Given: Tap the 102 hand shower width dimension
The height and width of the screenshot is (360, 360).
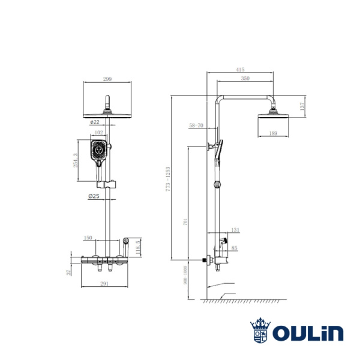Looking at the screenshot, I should coord(99,133).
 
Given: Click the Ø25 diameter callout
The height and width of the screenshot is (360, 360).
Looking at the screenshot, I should coord(94,196).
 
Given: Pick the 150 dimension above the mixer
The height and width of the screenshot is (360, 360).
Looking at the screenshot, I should coord(88,238).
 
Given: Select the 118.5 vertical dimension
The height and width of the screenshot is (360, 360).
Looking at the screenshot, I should coord(138,247).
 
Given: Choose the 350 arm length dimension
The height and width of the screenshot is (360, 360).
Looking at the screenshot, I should coord(245,79).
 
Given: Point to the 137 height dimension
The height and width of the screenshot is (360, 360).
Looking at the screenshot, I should coord(303,106).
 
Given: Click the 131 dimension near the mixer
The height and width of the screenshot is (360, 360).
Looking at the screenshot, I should coord(235,230).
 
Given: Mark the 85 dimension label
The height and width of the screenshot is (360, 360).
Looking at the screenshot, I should coord(234,248).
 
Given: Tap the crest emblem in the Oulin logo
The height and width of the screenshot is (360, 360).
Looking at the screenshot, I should coord(260,331).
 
